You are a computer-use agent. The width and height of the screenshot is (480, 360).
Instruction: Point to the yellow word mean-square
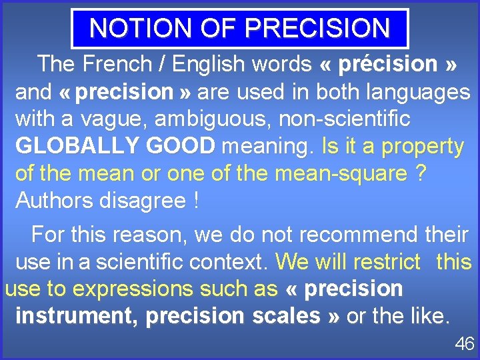(345, 173)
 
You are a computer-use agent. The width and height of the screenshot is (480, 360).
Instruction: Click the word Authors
(55, 200)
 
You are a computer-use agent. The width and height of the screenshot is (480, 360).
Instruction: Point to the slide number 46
(464, 344)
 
